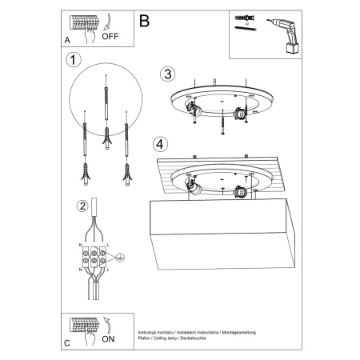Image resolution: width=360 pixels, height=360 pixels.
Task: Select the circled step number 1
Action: [x=74, y=61]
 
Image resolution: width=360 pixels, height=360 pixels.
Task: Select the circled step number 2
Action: [x=81, y=206]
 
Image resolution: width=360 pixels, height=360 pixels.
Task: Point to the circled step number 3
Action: [x=166, y=74]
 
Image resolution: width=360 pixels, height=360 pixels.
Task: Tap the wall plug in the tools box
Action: [x=245, y=17]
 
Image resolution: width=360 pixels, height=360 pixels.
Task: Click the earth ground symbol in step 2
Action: [x=120, y=258]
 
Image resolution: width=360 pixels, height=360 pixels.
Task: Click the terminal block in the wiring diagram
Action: [x=95, y=258]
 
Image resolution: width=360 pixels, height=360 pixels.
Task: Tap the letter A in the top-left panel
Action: [x=66, y=39]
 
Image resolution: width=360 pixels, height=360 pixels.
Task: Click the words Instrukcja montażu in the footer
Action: [x=157, y=330]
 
